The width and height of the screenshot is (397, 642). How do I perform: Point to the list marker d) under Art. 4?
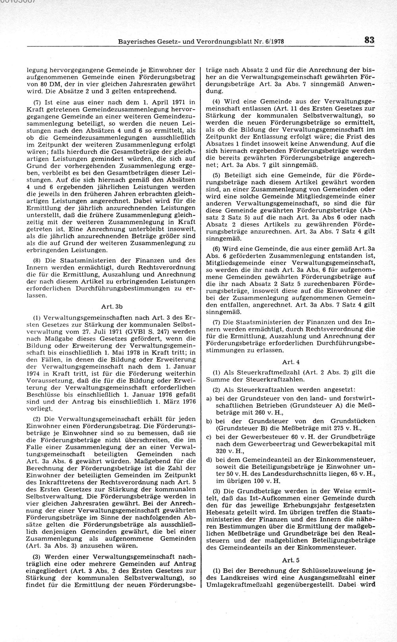(208, 460)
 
